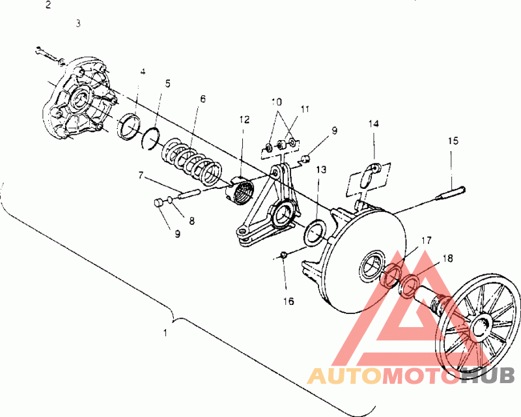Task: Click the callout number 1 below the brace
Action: [x=165, y=332]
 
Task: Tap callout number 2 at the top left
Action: [x=48, y=5]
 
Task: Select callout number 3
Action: [x=78, y=23]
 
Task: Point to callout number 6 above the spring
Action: [x=203, y=99]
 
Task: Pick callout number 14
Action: [x=373, y=122]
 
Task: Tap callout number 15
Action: [x=453, y=140]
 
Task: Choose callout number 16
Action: [x=288, y=301]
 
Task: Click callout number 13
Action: [x=321, y=169]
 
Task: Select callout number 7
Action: [x=141, y=175]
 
